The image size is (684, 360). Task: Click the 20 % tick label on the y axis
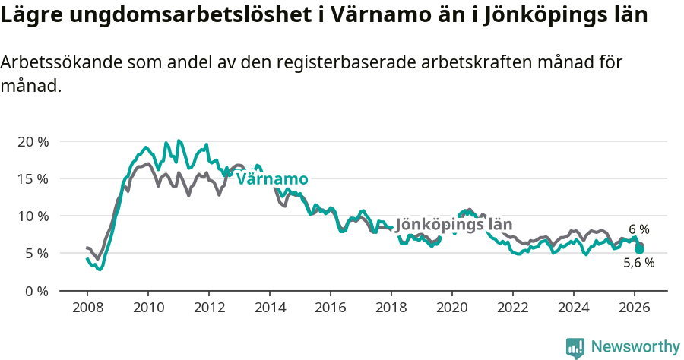click(x=33, y=142)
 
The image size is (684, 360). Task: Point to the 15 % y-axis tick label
click(x=33, y=179)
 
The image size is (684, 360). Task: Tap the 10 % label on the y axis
click(x=33, y=216)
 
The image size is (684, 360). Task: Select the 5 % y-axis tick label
click(x=36, y=253)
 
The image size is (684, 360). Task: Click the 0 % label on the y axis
click(x=36, y=290)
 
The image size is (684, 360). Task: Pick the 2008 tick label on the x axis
click(x=87, y=308)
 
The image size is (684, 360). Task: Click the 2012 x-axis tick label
click(x=209, y=308)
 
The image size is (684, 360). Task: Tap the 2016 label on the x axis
click(x=331, y=308)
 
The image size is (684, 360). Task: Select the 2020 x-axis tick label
click(x=452, y=308)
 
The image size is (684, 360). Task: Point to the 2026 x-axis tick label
click(x=635, y=308)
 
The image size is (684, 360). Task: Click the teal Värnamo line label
click(x=272, y=179)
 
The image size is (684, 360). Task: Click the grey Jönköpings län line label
click(x=454, y=225)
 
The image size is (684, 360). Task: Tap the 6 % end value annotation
click(x=639, y=229)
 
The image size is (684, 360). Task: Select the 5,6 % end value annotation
click(x=638, y=263)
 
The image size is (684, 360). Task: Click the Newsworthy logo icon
click(x=575, y=348)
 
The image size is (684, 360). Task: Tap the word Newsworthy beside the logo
click(x=635, y=347)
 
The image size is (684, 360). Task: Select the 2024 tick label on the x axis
click(x=574, y=308)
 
